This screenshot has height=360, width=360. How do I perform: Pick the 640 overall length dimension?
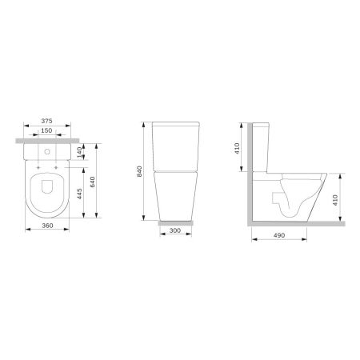click(x=94, y=182)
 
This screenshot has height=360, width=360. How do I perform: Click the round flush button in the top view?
click(x=50, y=149)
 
